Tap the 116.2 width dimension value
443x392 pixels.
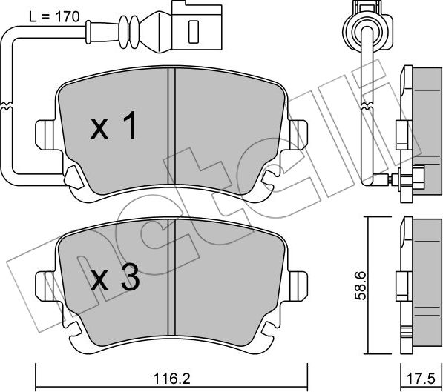171,377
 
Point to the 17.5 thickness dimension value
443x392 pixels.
421,377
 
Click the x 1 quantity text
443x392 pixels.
114,129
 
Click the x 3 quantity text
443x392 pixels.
114,279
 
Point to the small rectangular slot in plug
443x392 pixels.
194,30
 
